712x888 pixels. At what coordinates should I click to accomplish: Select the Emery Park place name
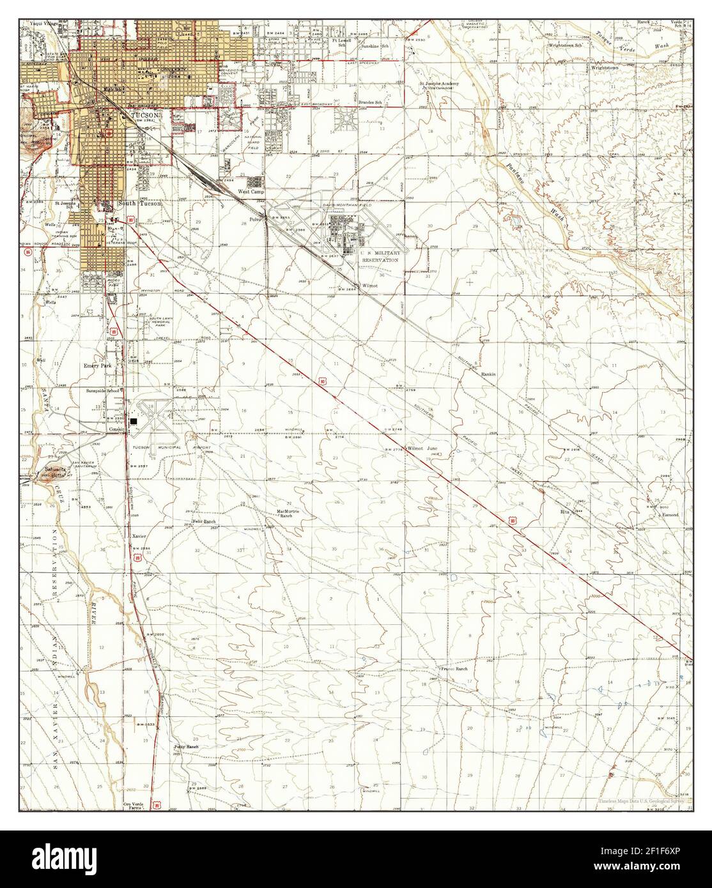(x=98, y=367)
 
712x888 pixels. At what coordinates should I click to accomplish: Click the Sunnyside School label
(x=104, y=390)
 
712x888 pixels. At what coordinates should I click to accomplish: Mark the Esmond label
(x=669, y=514)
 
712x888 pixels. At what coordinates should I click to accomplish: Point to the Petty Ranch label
(x=186, y=746)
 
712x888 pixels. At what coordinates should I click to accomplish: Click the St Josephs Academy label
(x=439, y=84)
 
